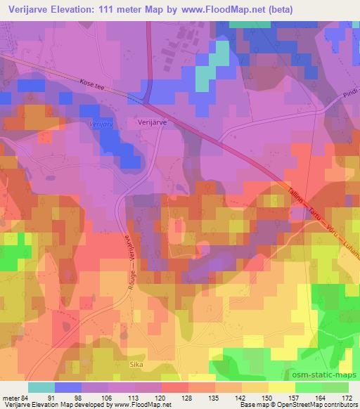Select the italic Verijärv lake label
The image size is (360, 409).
click(82, 122)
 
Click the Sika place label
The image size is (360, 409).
click(136, 365)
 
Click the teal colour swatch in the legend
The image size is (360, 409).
click(41, 387)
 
